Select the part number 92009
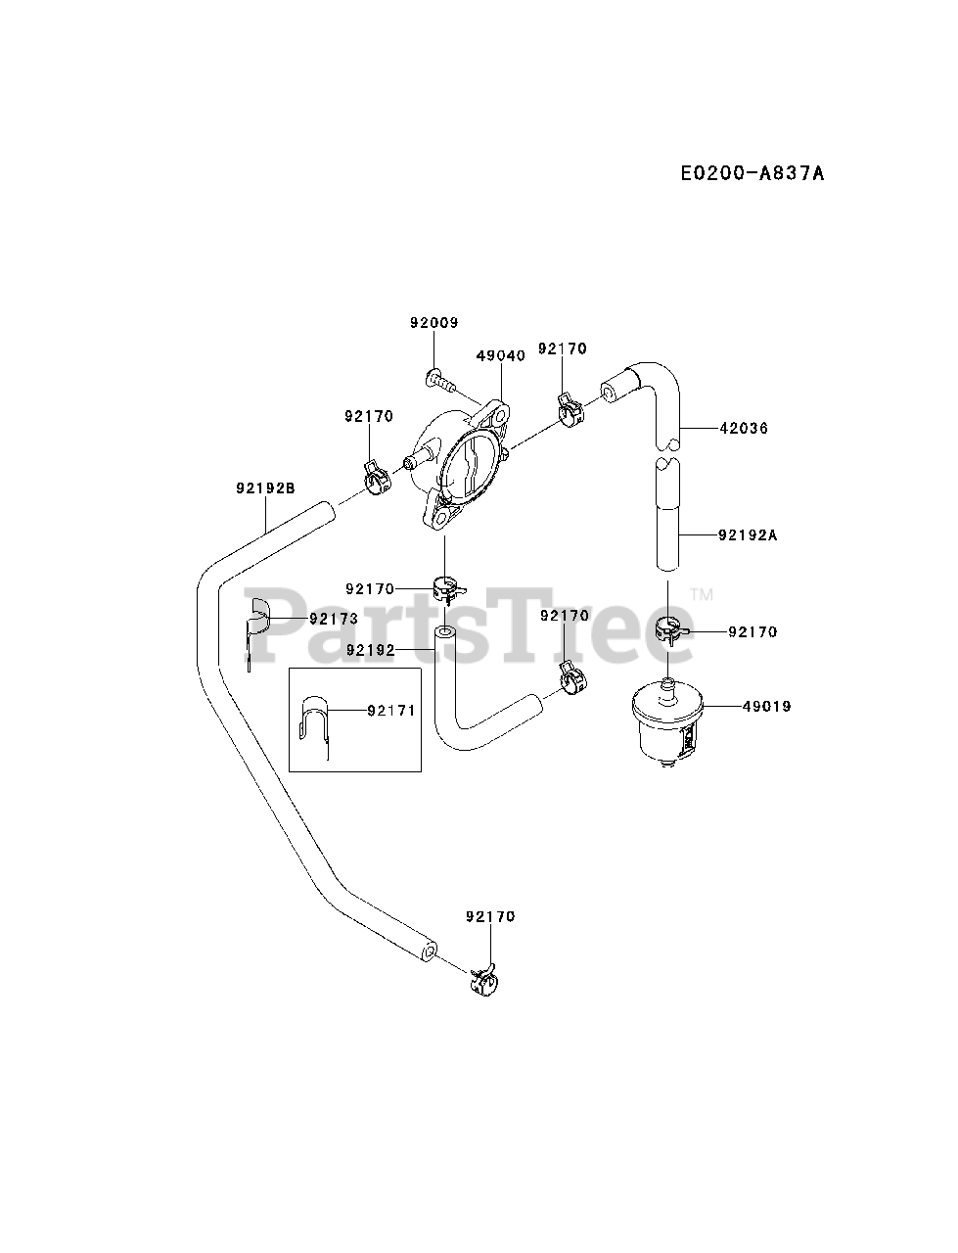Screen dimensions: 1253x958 point(434,323)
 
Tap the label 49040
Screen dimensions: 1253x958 point(501,355)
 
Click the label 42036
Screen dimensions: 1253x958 point(743,428)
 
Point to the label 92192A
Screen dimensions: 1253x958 point(748,535)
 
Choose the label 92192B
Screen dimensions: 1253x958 point(265,487)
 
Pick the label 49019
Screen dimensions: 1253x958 point(766,706)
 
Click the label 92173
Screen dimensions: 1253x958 point(334,619)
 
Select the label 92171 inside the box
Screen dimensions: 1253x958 point(391,710)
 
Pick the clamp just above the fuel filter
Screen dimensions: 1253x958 point(669,629)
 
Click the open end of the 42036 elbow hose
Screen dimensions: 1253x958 point(610,393)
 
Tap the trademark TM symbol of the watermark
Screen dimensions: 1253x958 point(702,594)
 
